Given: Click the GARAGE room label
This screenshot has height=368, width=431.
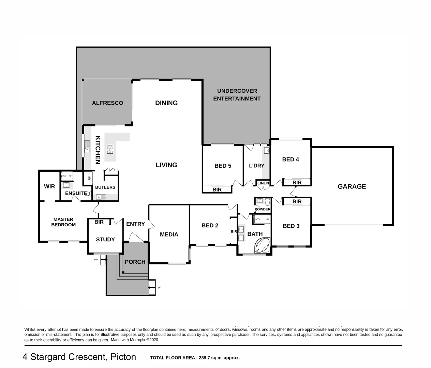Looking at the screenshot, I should click(x=352, y=186).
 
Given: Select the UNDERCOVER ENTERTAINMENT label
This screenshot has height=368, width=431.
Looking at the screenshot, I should click(x=237, y=95).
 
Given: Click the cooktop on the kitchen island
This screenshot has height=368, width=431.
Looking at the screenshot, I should click(x=110, y=149).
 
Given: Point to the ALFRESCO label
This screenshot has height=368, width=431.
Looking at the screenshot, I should click(x=107, y=103).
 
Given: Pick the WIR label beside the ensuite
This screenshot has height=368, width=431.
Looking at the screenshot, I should click(x=49, y=186).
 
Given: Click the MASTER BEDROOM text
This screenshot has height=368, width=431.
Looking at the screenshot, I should click(x=63, y=222).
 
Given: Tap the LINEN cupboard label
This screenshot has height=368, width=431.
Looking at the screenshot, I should click(x=263, y=183).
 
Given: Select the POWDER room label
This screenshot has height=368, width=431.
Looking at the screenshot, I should click(x=262, y=209).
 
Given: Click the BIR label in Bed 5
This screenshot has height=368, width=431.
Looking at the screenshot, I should click(x=217, y=189).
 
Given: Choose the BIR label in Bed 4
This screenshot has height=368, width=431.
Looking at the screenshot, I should click(x=297, y=183).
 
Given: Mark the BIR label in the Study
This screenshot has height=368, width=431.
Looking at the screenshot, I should click(x=99, y=222).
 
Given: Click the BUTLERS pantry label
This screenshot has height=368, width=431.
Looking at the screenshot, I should click(x=105, y=187).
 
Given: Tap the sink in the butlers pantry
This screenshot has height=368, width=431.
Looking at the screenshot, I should click(x=101, y=197).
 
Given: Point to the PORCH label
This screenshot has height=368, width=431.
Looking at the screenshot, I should click(x=135, y=262).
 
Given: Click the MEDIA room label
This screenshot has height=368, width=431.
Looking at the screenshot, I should click(x=169, y=234).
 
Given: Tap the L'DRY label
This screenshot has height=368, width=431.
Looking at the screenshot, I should click(x=256, y=166).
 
